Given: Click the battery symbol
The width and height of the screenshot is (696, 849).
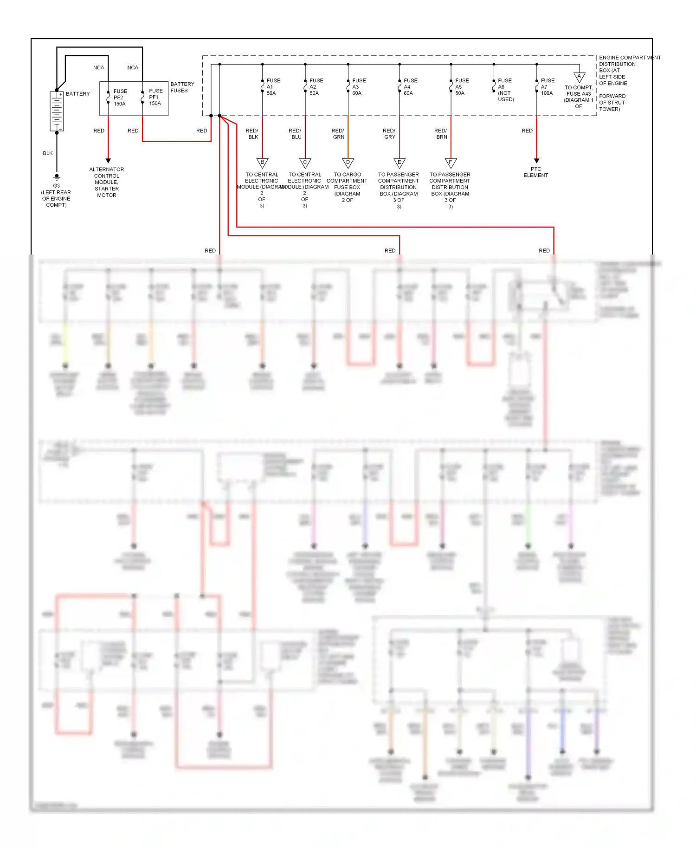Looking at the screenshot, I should [57, 111].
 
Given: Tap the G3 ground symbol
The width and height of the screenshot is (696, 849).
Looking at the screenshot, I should [57, 177].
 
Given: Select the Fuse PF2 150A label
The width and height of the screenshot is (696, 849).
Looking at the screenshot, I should [120, 98].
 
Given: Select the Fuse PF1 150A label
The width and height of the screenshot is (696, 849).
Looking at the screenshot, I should [155, 97].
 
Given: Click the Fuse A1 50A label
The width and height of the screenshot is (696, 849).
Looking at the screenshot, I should [273, 87].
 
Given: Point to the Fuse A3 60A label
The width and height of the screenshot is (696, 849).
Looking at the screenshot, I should [359, 87].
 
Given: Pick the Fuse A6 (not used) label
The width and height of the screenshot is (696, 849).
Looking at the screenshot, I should [505, 90].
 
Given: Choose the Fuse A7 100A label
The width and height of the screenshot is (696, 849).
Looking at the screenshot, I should [547, 87].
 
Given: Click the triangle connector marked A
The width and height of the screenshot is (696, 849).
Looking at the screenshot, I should [579, 77].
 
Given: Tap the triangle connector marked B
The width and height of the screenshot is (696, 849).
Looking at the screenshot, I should [262, 163].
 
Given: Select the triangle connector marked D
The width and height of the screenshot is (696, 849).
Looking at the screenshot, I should [348, 163].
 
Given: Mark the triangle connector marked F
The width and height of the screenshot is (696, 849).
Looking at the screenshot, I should [451, 163].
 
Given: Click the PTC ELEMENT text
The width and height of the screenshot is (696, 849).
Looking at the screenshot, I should [535, 172].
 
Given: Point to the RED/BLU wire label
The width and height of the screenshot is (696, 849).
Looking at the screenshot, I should [296, 134].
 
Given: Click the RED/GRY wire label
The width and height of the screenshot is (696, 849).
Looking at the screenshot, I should [389, 134].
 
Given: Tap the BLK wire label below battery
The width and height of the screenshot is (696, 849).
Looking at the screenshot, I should [48, 153].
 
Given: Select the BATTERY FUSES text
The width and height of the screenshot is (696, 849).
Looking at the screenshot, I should [182, 87].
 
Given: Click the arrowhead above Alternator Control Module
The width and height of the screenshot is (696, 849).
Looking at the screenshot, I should [108, 161].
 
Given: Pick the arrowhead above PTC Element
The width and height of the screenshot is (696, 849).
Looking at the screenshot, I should [536, 161].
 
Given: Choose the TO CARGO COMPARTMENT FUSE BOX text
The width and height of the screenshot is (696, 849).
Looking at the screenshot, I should [347, 187].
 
